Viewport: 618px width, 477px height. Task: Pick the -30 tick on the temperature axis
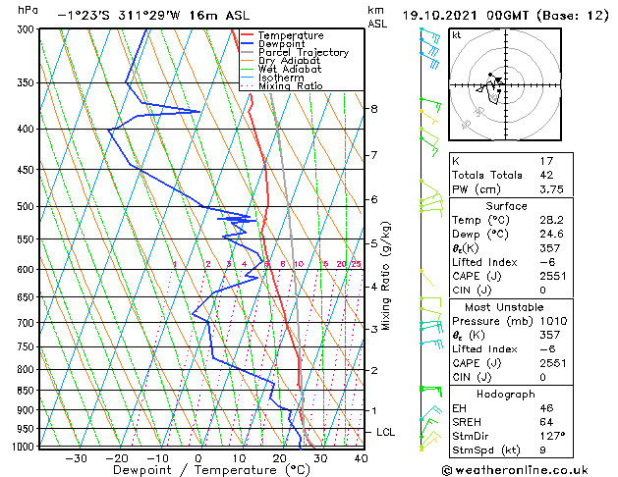(76, 457)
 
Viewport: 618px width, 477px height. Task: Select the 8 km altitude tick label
(374, 108)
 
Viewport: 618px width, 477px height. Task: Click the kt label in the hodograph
(456, 35)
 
